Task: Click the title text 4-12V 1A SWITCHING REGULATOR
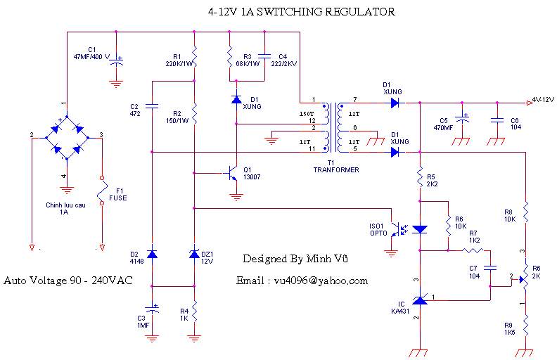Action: (x=302, y=12)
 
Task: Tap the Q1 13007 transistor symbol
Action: (x=233, y=174)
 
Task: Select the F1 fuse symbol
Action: (x=103, y=190)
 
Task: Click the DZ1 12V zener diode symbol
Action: (x=194, y=254)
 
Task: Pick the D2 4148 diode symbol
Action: (x=151, y=254)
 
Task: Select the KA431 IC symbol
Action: (x=420, y=300)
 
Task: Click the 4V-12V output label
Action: (x=543, y=99)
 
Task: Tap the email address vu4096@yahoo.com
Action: (x=302, y=281)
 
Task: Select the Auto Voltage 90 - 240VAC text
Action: (x=68, y=281)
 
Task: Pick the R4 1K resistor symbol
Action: (x=194, y=309)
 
